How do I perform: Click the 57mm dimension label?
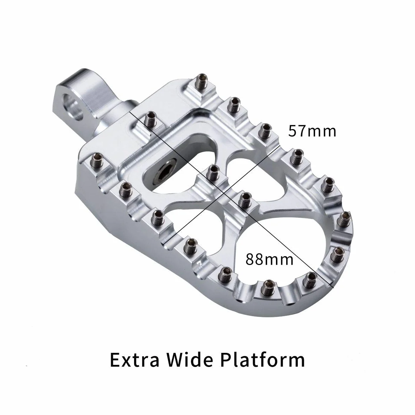click(x=312, y=131)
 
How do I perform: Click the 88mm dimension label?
click(x=270, y=259)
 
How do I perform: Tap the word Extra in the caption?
click(x=135, y=360)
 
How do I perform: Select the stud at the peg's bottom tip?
click(x=268, y=287)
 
